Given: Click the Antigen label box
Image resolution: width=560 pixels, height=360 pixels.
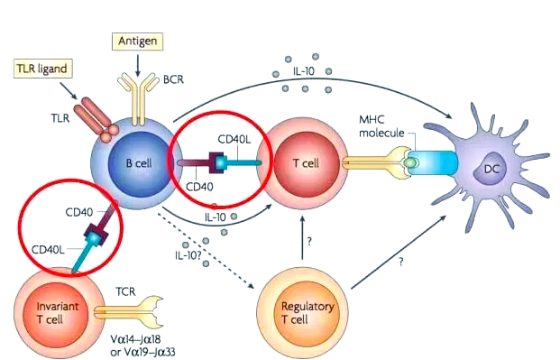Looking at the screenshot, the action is coord(137,42).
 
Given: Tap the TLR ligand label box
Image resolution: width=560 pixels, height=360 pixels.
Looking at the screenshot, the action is coord(43,69).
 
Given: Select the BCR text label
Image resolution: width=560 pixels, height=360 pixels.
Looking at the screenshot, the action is coord(173,79).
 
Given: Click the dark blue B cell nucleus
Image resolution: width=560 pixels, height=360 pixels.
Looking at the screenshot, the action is coord(139,163).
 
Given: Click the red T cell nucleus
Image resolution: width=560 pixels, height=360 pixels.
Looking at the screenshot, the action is coord(306,163).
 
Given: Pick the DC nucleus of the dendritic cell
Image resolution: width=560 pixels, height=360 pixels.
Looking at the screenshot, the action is coord(491,169).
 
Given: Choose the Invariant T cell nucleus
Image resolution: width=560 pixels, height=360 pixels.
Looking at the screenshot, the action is coord(51,312).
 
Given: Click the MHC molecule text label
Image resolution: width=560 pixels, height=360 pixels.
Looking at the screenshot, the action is coord(381,126).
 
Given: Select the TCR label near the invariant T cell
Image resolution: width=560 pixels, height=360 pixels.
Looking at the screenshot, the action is coord(125,291).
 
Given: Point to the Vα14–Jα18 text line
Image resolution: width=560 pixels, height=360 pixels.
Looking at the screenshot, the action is coord(141,338).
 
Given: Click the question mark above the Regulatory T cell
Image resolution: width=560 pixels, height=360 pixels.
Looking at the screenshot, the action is coord(309,242).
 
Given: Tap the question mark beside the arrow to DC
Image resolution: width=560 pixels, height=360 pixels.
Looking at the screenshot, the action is coord(401,262).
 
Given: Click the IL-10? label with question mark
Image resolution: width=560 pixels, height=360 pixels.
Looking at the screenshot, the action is coord(188,255).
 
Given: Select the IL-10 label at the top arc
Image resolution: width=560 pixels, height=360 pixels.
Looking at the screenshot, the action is coord(304,71).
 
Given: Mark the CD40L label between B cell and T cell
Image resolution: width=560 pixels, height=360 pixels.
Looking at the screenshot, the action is coord(234,139).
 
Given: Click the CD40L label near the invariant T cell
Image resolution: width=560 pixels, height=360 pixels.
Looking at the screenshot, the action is coord(48,249).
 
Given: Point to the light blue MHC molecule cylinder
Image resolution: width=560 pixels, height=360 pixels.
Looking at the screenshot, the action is coord(433,162).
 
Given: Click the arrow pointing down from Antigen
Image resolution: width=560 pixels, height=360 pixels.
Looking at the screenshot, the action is coord(138,64).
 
